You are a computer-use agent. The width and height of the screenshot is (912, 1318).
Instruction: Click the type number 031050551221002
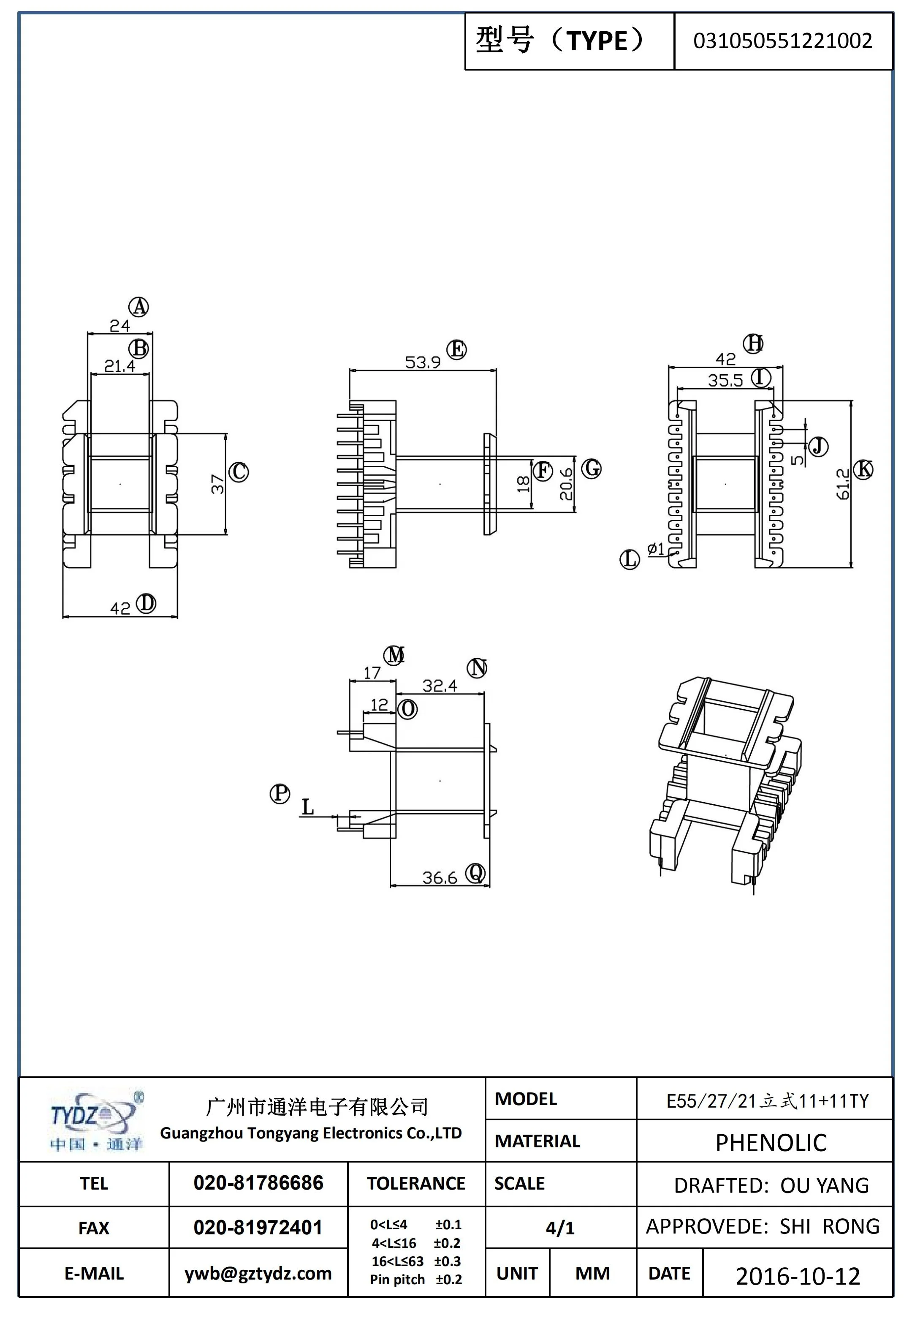point(782,41)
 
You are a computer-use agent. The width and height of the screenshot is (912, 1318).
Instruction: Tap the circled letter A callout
point(138,307)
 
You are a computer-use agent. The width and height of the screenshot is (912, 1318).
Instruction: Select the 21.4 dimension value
point(119,366)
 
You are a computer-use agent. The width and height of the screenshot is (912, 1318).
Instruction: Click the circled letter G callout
point(592,468)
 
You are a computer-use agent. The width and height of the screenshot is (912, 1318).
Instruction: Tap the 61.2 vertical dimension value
point(843,484)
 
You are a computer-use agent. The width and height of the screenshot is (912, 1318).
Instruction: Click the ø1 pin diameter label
point(655,549)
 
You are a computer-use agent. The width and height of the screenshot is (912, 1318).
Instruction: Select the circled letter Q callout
point(475,873)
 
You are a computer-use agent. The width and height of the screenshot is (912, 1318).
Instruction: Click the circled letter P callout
point(280,793)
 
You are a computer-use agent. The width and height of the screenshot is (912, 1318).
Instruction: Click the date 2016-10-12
point(797,1276)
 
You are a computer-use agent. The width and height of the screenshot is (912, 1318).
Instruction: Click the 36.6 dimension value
point(440,877)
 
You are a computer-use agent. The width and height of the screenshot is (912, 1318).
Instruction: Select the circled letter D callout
point(146,604)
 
